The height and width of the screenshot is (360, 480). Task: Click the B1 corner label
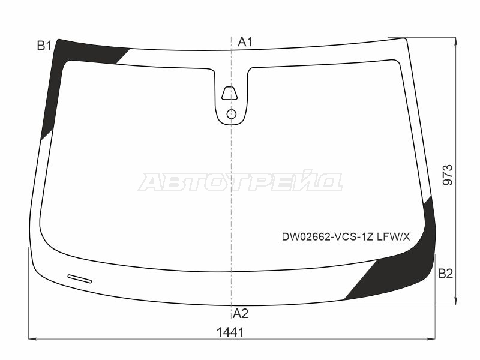(x=44, y=46)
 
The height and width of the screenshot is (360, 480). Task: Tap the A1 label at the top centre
(x=245, y=41)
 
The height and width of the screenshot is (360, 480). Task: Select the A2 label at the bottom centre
(x=241, y=313)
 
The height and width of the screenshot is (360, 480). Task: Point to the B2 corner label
(x=445, y=274)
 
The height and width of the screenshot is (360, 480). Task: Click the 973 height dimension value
(x=448, y=175)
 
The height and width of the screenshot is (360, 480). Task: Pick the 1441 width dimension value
(x=230, y=332)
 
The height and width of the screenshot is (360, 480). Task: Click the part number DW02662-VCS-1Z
(x=328, y=236)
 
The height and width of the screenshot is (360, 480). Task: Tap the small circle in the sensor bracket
(x=232, y=114)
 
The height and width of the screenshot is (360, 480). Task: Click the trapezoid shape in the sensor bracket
(x=230, y=94)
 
